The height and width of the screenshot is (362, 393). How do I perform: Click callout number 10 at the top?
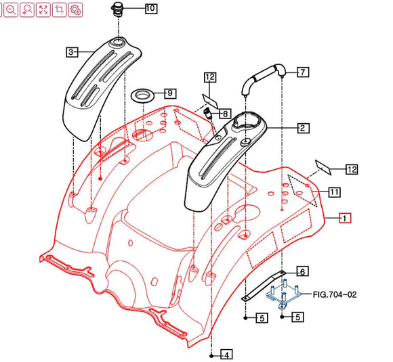point(150,9)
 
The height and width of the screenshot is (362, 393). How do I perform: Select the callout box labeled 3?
point(71,51)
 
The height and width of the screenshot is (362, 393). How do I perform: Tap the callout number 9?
point(169,93)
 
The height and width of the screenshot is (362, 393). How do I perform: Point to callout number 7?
point(303,72)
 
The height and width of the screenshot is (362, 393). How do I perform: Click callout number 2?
point(303,127)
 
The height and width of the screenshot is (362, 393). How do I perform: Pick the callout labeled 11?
point(335,193)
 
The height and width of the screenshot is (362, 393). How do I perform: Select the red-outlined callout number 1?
point(344,218)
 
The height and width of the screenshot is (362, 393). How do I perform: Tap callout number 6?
point(302,271)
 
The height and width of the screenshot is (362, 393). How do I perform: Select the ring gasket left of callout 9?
point(142,93)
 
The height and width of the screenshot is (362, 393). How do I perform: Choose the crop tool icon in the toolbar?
point(59,9)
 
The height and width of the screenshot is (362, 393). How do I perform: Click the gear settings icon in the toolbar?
point(75,9)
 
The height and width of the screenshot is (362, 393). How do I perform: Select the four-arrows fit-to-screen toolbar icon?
point(43,9)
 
